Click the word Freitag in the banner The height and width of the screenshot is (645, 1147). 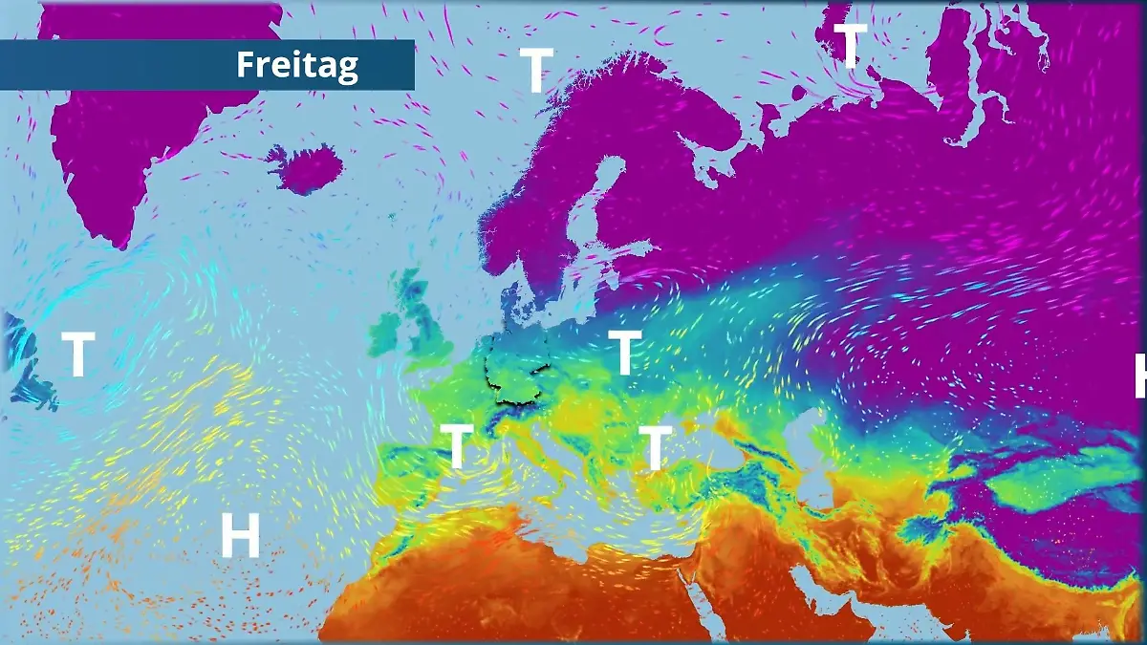(297, 65)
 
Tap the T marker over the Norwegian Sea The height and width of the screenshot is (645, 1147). (536, 69)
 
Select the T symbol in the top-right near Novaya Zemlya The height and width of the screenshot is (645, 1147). (850, 44)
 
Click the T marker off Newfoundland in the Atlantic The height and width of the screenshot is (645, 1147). (77, 355)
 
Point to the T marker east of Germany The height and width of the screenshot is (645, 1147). (624, 353)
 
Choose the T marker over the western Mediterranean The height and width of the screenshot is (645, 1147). (457, 446)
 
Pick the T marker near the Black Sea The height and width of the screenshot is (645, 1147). (655, 447)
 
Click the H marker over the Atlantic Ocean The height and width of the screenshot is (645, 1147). (240, 535)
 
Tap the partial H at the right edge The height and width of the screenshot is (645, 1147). (1139, 375)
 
